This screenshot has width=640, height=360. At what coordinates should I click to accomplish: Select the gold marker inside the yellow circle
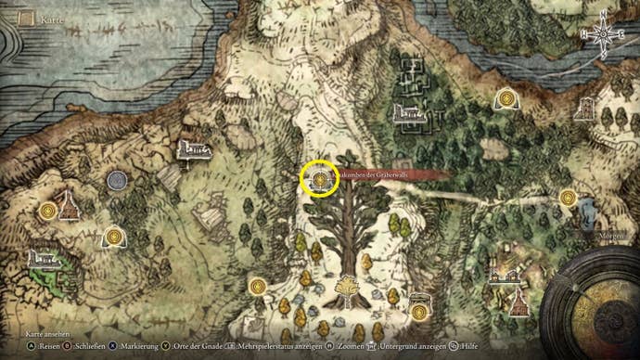319,177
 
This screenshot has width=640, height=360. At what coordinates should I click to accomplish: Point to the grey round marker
117,180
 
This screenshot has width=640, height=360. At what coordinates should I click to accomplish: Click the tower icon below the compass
586,109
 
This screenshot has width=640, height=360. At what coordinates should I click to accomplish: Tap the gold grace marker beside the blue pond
568,198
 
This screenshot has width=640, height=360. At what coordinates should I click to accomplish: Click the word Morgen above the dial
610,237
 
